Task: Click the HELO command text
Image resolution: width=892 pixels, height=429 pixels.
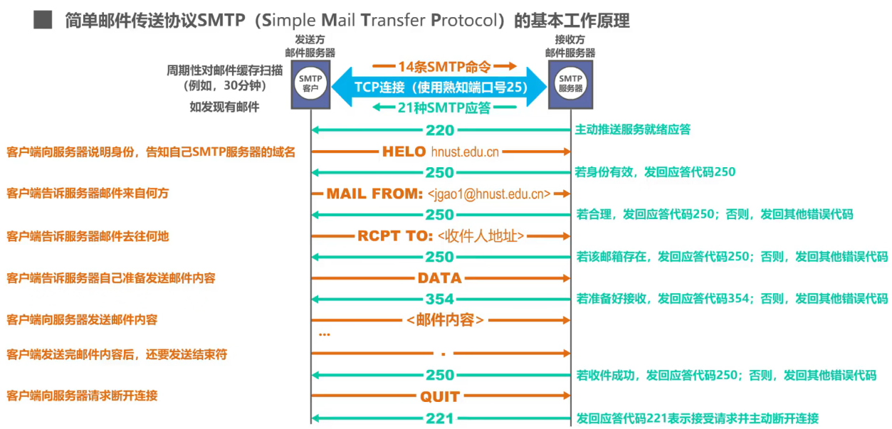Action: pos(404,152)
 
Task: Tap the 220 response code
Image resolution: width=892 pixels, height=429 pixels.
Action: pos(440,131)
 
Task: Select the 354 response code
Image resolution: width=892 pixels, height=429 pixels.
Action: pos(440,300)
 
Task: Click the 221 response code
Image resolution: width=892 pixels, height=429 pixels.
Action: pos(440,418)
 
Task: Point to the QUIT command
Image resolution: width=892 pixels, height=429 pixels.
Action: pos(440,397)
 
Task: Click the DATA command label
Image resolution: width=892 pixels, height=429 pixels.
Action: pos(440,278)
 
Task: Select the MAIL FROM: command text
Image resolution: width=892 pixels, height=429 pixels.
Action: pos(374,194)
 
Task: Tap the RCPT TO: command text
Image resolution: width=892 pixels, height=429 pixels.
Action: pos(395,236)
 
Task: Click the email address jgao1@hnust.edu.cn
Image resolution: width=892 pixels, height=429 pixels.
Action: pos(489,194)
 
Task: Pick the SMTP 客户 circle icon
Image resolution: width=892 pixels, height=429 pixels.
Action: pos(310,83)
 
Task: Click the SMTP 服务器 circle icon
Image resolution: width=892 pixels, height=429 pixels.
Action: pos(571,83)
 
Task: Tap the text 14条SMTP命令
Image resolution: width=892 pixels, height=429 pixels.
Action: pos(444,67)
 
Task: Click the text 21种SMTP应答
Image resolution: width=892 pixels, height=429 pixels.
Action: pos(444,108)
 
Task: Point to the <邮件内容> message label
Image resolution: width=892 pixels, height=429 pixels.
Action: pos(446,320)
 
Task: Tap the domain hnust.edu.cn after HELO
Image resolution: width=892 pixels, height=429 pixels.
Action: pos(465,152)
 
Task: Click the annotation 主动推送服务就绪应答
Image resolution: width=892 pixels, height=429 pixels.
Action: pos(632,130)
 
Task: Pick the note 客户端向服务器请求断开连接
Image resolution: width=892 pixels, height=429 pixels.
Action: pos(82,395)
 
